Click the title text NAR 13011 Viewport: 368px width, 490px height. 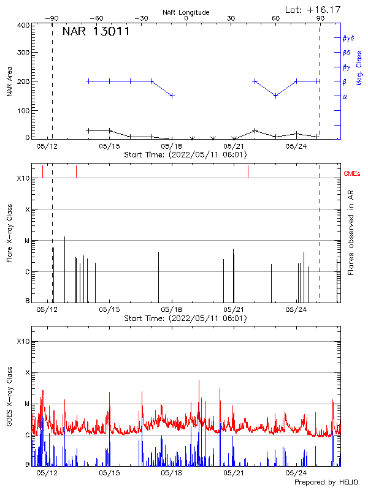pyautogui.click(x=96, y=32)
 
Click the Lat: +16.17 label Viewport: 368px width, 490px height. pyautogui.click(x=313, y=9)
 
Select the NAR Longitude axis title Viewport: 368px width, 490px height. pyautogui.click(x=186, y=12)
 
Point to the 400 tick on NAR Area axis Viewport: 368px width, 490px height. pyautogui.click(x=23, y=26)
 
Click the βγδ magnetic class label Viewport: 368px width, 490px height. pyautogui.click(x=348, y=38)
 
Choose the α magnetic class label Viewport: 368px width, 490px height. pyautogui.click(x=345, y=96)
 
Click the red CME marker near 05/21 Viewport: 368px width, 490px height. pyautogui.click(x=248, y=171)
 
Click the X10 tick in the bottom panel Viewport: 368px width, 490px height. pyautogui.click(x=22, y=341)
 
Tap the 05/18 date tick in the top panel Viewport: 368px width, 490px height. pyautogui.click(x=172, y=146)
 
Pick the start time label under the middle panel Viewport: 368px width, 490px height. pyautogui.click(x=185, y=318)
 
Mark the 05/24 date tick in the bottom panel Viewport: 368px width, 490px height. pyautogui.click(x=296, y=473)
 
